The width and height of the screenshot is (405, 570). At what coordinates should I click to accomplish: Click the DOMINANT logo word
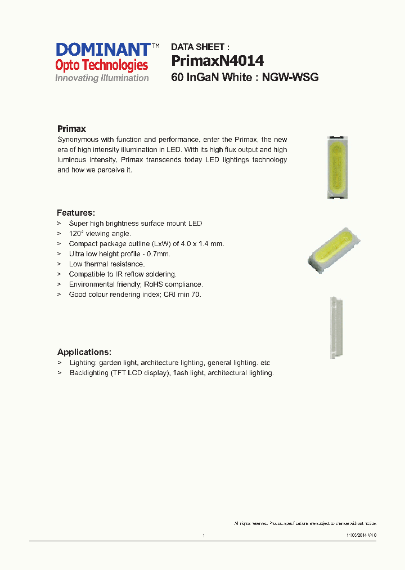[x=103, y=50]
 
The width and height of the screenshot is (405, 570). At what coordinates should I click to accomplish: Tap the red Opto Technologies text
[x=101, y=65]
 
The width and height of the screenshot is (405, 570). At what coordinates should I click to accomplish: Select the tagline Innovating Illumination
[x=102, y=78]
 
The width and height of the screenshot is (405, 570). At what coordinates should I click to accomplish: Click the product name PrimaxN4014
[x=217, y=60]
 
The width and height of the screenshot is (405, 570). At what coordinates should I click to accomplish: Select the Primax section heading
[x=71, y=128]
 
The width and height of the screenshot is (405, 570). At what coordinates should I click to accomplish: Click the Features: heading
[x=76, y=213]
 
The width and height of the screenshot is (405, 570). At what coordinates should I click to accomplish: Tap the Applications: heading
[x=84, y=352]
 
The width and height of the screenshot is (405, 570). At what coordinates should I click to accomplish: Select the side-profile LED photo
[x=336, y=327]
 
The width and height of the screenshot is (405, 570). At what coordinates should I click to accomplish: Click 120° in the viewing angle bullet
[x=75, y=233]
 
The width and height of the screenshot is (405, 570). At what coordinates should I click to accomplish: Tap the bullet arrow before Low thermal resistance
[x=58, y=264]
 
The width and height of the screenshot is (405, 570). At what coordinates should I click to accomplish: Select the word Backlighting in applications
[x=89, y=373]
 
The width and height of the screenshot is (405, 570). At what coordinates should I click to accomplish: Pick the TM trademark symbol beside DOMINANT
[x=156, y=45]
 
